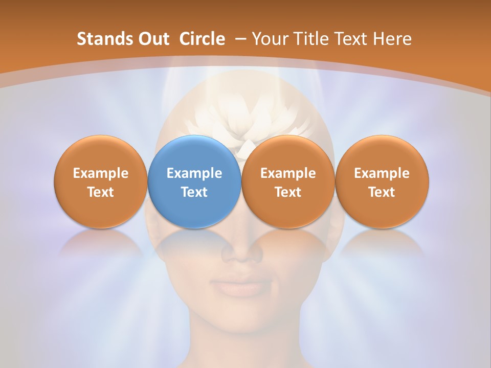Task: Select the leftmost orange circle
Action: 100,181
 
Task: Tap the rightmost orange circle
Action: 382,181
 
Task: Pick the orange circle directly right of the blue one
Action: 288,181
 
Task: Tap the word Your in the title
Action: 267,39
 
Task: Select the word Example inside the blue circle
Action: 194,173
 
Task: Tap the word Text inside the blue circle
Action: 194,192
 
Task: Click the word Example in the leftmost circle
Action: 100,173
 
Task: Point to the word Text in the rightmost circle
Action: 382,192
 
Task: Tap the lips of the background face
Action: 244,284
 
